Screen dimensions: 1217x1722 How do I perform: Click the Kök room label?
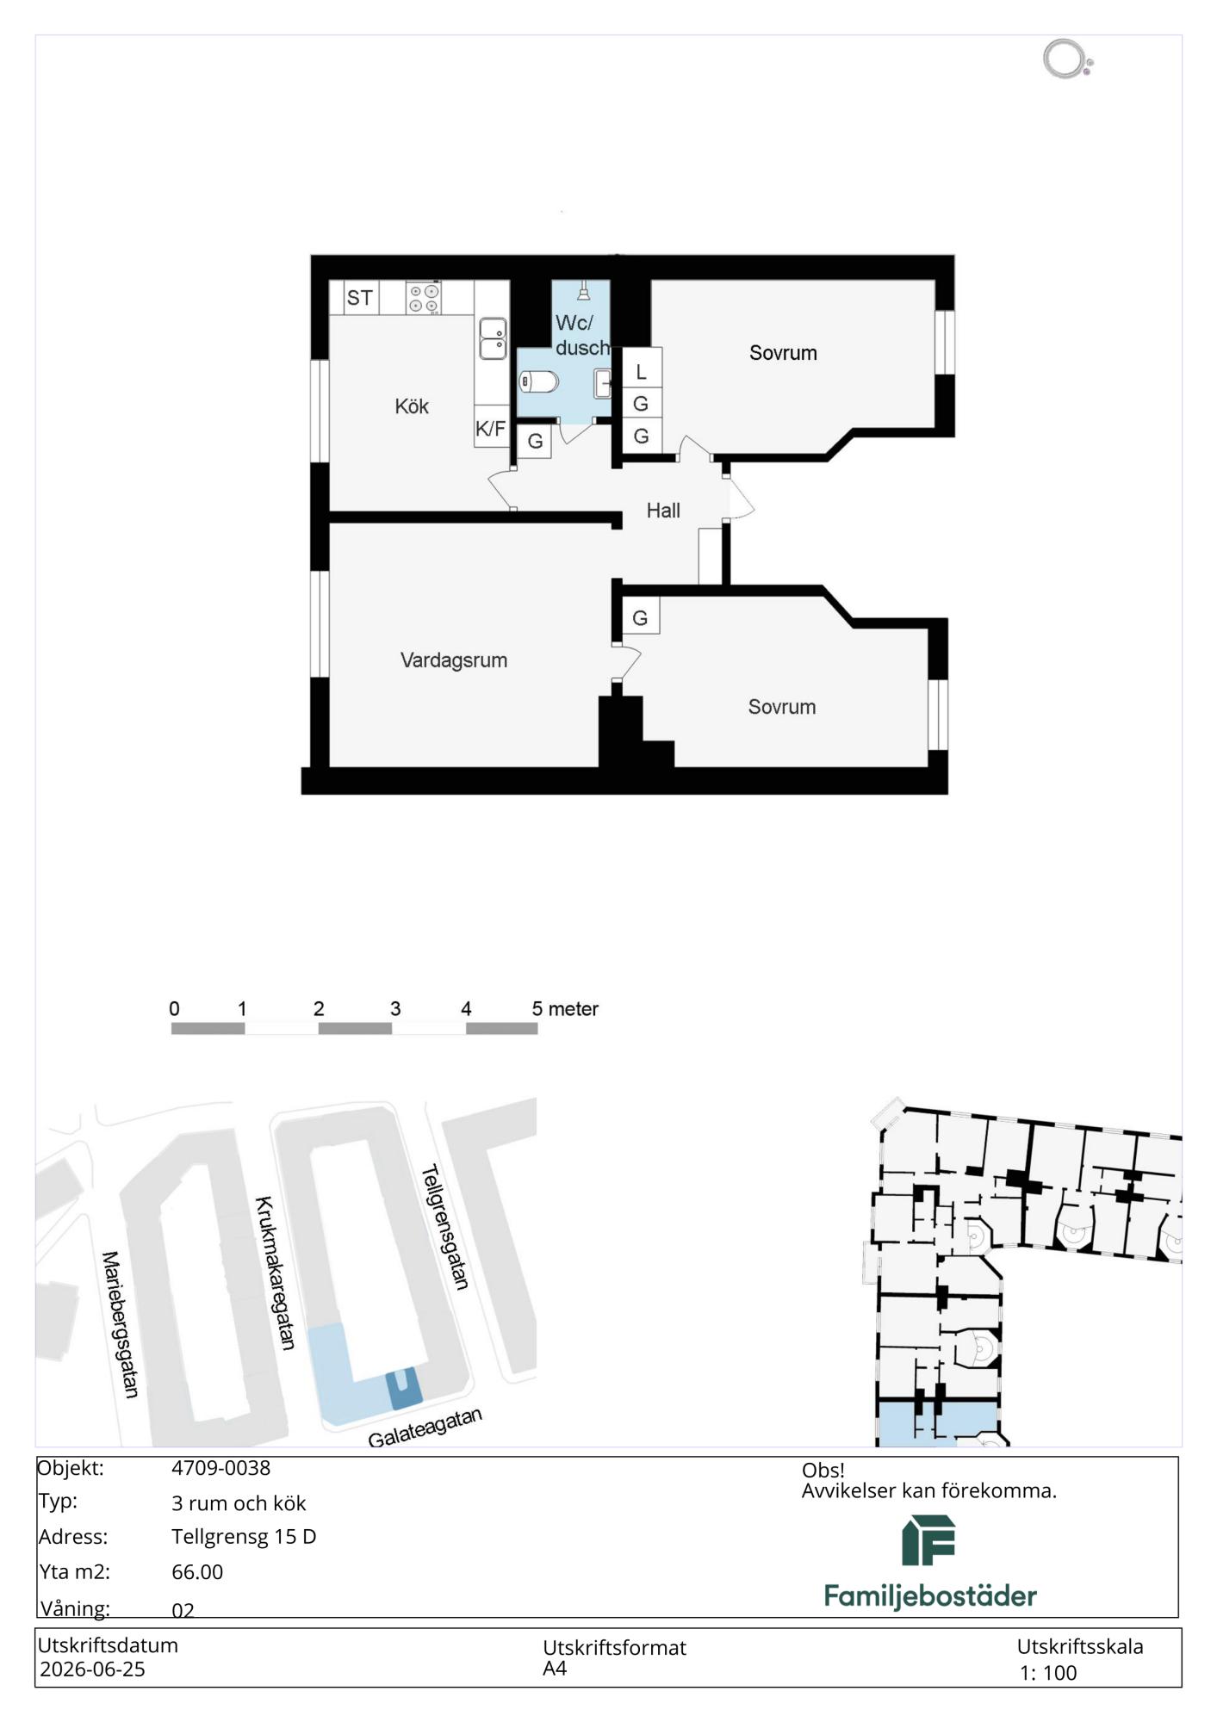(x=412, y=406)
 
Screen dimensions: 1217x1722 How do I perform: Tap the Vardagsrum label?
(x=454, y=660)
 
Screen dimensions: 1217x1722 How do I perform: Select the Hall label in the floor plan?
(x=663, y=511)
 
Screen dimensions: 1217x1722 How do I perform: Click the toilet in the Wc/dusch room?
(x=539, y=381)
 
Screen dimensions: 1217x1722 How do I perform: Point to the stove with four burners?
(x=424, y=298)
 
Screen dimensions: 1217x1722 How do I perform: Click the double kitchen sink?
(x=493, y=338)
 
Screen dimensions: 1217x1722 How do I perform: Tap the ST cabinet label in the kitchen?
(x=360, y=298)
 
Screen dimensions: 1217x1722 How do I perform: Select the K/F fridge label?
(x=491, y=429)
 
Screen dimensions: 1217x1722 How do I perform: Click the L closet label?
(x=641, y=373)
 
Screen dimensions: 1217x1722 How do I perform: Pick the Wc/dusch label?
(x=581, y=335)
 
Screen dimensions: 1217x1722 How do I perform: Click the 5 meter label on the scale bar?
(x=565, y=1008)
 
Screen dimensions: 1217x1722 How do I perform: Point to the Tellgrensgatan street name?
(x=445, y=1227)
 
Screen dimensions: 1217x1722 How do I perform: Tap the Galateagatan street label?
(x=425, y=1428)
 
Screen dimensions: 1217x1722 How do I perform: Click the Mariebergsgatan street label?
(x=121, y=1324)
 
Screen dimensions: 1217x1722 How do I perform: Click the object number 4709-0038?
(x=220, y=1468)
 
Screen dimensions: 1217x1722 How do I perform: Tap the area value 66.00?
(x=197, y=1571)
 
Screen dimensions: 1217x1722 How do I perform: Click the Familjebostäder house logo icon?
(x=928, y=1540)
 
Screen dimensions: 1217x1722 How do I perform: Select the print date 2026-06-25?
(x=92, y=1669)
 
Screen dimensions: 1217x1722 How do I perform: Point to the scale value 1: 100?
(x=1048, y=1673)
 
